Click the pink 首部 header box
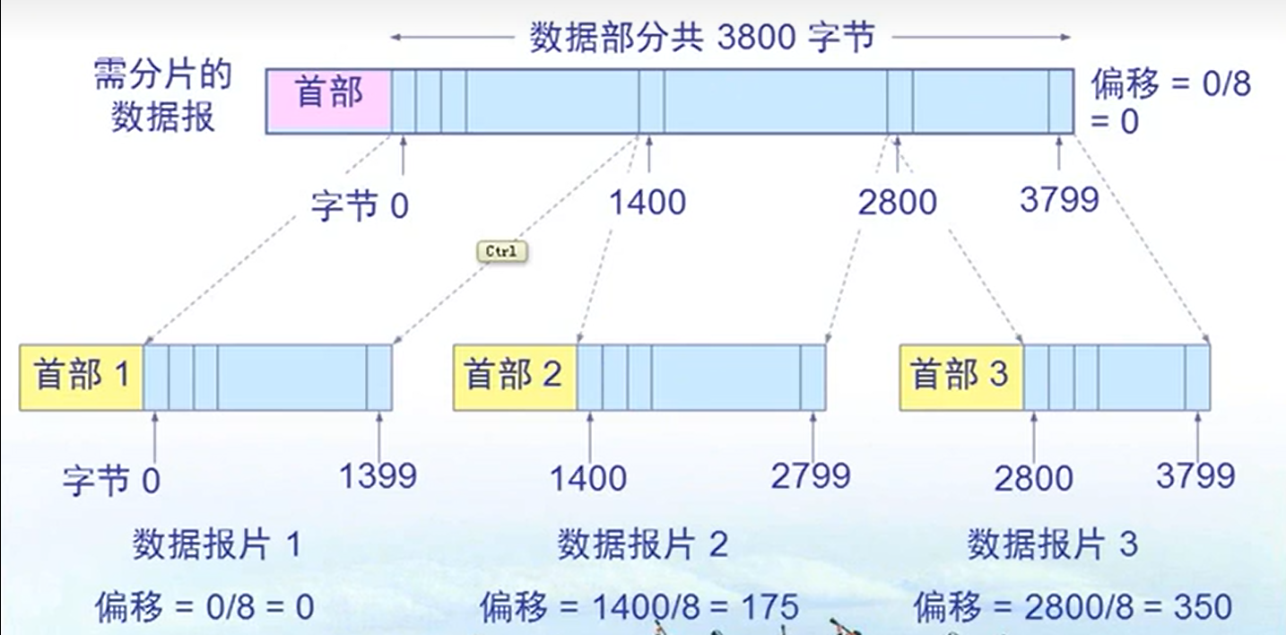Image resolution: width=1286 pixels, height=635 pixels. [x=329, y=100]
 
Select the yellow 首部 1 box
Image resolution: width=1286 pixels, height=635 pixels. [x=82, y=377]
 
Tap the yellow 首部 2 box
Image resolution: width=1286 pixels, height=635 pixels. [x=514, y=377]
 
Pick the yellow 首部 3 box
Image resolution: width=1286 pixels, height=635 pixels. [x=960, y=377]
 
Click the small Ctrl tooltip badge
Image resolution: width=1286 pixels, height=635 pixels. [x=500, y=252]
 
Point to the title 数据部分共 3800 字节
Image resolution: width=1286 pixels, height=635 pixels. [x=701, y=38]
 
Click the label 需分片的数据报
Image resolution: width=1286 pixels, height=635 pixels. [x=162, y=97]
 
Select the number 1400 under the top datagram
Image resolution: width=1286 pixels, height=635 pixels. [x=647, y=202]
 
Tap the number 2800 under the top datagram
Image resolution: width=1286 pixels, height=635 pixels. [x=897, y=204]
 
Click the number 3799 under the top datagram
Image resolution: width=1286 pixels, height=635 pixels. [x=1059, y=199]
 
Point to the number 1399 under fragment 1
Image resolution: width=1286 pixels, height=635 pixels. [x=378, y=476]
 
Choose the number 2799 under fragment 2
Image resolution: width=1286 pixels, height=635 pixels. [x=811, y=476]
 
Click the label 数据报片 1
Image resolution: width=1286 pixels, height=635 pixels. [x=217, y=544]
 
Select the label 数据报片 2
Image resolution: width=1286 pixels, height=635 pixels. [x=642, y=544]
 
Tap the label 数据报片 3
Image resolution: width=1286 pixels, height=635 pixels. [x=1052, y=544]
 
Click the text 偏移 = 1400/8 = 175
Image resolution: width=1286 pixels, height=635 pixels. [x=639, y=607]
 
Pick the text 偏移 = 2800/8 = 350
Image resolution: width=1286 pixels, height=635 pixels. [x=1073, y=607]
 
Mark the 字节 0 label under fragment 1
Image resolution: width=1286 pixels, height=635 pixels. [x=111, y=482]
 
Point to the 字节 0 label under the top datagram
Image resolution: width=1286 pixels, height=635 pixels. [x=360, y=206]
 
